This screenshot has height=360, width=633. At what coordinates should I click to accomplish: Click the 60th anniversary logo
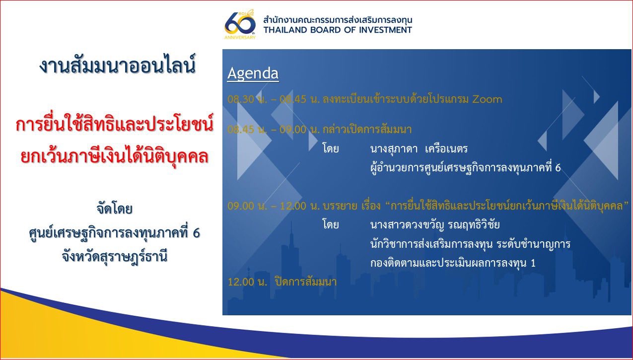coord(240,25)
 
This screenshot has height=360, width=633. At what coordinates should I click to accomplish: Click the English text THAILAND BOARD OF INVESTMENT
coord(338,30)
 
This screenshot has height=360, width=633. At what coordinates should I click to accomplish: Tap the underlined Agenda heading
coord(253,74)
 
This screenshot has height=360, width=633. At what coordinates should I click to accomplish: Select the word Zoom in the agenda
coord(487,99)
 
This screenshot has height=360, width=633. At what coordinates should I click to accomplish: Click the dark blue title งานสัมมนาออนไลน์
coord(117,66)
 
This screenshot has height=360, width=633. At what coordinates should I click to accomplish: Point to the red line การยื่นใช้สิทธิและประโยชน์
coord(115,125)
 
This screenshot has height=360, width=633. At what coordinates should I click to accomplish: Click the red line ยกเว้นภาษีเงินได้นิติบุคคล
coord(115,156)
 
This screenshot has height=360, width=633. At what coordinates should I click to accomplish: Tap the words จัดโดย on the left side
coord(115,209)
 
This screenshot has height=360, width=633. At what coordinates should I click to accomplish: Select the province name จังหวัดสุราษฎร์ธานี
coord(115,256)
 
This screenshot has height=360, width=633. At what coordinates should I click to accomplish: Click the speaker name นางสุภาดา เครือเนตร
coord(419,149)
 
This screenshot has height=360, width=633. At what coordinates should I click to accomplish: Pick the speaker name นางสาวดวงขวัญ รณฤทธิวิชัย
coord(435,224)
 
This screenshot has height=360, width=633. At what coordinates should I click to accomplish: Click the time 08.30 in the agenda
coord(240,99)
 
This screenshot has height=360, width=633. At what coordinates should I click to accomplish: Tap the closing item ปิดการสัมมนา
coord(306,282)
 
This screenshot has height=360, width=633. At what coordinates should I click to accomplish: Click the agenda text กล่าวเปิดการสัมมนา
coord(367,130)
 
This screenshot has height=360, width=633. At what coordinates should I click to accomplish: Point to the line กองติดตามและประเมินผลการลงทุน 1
coord(453,263)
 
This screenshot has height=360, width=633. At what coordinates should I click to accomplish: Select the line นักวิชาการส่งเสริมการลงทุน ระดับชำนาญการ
coord(470,244)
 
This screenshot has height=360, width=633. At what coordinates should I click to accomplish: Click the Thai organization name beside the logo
coord(338,20)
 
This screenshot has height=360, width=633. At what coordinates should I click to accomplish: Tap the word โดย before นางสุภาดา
coord(330,148)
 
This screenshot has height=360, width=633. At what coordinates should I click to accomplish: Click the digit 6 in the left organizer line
coord(196,233)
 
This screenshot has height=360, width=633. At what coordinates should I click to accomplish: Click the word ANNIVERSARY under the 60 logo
coord(240,37)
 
